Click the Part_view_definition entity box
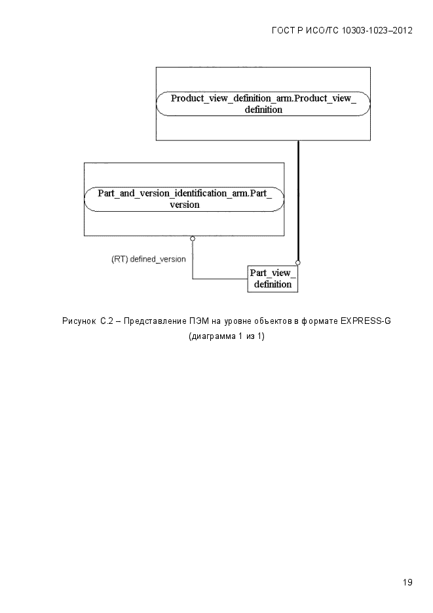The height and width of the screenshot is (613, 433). [273, 279]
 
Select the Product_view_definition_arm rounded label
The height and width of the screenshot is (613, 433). [263, 104]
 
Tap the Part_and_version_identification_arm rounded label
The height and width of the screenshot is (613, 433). [184, 199]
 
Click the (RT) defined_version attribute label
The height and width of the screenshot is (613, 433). [148, 259]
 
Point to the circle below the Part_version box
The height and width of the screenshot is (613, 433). [193, 239]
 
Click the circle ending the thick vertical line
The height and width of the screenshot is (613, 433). [298, 263]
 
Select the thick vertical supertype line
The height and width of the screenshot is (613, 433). [298, 201]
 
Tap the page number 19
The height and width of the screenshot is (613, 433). [407, 582]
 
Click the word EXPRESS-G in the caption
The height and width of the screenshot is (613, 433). [366, 321]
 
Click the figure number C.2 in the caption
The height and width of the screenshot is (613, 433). [107, 321]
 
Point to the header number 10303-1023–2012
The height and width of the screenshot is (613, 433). [377, 31]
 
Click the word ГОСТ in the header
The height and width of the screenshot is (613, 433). [284, 31]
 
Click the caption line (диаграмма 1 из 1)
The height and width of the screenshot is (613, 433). [227, 336]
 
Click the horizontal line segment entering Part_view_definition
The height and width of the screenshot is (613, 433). [220, 279]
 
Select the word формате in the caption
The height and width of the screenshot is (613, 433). [320, 321]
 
